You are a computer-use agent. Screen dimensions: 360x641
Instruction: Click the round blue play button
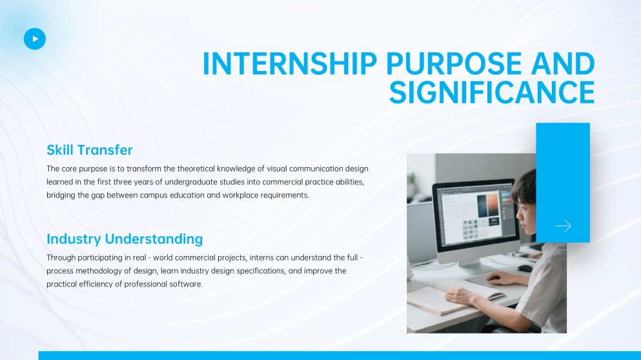point(35,39)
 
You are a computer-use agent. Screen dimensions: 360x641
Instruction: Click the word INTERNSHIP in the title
point(290,64)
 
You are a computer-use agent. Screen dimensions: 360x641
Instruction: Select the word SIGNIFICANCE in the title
point(491,93)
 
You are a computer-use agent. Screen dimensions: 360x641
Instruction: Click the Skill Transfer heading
point(89,150)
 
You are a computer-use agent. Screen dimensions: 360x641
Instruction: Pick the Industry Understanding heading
point(125,239)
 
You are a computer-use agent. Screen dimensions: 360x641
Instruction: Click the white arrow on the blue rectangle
point(563,226)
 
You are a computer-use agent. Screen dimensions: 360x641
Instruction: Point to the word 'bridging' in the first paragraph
point(62,195)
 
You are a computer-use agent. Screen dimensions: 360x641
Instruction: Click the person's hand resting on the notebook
point(462,295)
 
